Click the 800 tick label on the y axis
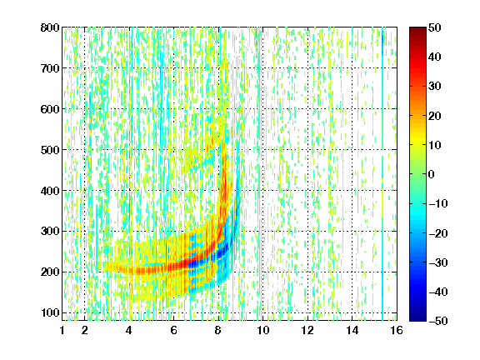click(50, 27)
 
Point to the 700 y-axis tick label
click(50, 68)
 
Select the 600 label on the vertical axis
click(50, 109)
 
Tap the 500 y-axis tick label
click(50, 150)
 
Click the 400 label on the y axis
click(50, 191)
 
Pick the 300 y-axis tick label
click(50, 232)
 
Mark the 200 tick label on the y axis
click(50, 272)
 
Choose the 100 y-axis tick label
click(50, 312)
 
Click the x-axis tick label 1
click(62, 330)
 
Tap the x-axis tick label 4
click(129, 330)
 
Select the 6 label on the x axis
click(173, 330)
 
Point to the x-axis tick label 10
click(263, 330)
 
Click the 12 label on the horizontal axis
click(307, 330)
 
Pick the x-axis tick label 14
click(352, 330)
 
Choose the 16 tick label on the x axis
click(397, 330)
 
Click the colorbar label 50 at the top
click(435, 27)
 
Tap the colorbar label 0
click(432, 174)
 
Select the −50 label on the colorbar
click(438, 321)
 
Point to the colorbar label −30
click(438, 262)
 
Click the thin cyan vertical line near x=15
click(382, 174)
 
